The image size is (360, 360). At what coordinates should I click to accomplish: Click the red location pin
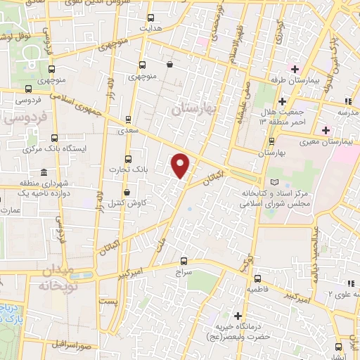coord(181,166)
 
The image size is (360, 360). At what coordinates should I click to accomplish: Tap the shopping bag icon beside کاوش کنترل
coord(127,193)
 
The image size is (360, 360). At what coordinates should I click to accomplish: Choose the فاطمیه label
coord(256,289)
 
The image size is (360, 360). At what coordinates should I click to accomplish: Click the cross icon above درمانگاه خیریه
coord(238,316)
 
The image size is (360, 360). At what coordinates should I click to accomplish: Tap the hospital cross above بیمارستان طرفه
coord(295,70)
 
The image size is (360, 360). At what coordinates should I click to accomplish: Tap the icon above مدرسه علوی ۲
coord(349,283)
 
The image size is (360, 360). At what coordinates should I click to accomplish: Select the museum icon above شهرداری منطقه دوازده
coord(44,172)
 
